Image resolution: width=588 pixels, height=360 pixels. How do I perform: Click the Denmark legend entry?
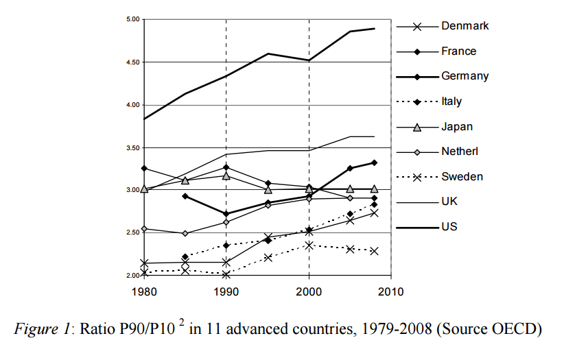464,26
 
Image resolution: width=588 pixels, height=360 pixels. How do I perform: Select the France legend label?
458,51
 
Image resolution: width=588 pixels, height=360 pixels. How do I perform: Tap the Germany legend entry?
464,76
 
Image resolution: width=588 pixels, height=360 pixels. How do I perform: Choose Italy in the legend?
451,101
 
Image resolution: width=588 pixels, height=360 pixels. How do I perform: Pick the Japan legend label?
456,127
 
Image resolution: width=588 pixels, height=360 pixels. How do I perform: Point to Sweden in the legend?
462,176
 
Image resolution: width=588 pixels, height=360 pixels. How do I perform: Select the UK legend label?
449,202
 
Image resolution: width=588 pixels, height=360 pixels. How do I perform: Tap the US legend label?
449,226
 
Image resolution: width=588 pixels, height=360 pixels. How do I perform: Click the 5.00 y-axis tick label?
132,19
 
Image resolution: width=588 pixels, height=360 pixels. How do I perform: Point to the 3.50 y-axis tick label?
132,147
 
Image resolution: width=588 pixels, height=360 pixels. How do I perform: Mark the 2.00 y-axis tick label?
132,276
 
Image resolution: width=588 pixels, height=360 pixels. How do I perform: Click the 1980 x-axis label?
143,291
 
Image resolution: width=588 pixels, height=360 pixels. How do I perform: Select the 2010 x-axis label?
390,291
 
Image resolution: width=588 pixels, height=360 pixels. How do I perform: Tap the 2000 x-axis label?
308,291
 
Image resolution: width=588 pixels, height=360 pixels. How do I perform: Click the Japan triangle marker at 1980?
144,189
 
